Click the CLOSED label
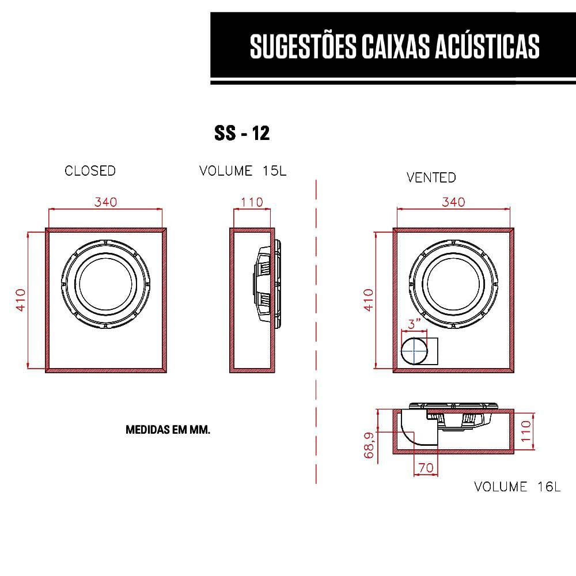(x=90, y=171)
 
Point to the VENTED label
(x=431, y=177)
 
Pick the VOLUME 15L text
(x=242, y=171)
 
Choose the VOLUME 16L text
(x=517, y=487)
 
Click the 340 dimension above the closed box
(x=106, y=202)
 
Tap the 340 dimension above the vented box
(x=453, y=202)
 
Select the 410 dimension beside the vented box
(x=369, y=300)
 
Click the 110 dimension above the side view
(x=252, y=202)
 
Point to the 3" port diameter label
(x=415, y=324)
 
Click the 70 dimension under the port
(x=426, y=468)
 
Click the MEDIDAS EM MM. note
(x=167, y=430)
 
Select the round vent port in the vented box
(x=415, y=351)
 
